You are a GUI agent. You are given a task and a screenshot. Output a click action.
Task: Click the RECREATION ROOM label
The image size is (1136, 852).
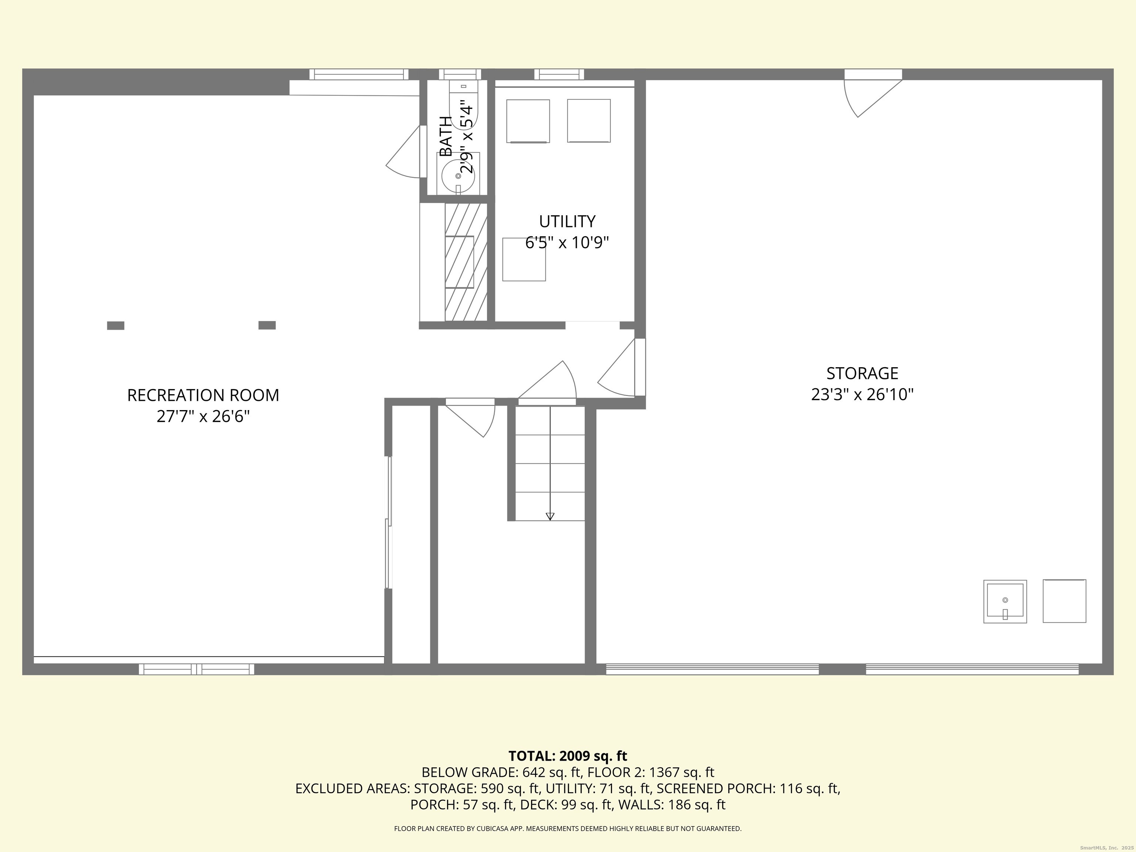click(203, 395)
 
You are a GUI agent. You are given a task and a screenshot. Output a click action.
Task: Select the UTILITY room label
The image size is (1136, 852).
click(567, 222)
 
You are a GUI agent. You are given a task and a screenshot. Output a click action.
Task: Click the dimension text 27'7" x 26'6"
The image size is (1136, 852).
click(203, 416)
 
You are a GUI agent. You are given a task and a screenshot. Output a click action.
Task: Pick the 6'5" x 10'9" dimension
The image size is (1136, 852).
click(567, 243)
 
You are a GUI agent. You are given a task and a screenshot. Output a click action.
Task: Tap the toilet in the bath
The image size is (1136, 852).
click(464, 105)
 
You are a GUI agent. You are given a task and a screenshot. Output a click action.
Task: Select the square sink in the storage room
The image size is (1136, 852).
click(1005, 601)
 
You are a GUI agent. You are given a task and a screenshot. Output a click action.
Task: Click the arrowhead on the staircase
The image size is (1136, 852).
click(550, 517)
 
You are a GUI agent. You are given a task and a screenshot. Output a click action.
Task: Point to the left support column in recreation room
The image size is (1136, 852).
click(115, 325)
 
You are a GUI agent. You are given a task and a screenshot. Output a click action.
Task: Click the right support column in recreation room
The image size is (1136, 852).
click(267, 325)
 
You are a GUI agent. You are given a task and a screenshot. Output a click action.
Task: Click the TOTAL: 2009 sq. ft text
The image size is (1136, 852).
click(568, 756)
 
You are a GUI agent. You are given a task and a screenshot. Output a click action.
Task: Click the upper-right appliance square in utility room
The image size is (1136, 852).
click(589, 121)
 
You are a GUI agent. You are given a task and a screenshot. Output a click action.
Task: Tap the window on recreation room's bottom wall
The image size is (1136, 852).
click(196, 669)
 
